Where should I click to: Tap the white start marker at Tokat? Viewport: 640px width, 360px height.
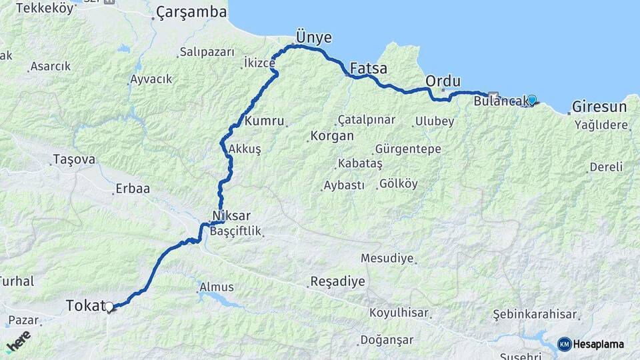pyautogui.click(x=109, y=307)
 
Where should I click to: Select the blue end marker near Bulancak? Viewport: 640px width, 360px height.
pyautogui.click(x=531, y=100)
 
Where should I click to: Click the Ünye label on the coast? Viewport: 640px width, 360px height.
pyautogui.click(x=313, y=38)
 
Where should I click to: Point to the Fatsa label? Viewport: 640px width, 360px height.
pyautogui.click(x=368, y=68)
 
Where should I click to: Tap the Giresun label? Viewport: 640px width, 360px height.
pyautogui.click(x=599, y=107)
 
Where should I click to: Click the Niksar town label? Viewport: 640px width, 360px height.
pyautogui.click(x=231, y=216)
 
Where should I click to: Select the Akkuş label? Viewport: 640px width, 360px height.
pyautogui.click(x=245, y=149)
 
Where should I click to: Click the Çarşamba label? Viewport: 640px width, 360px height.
pyautogui.click(x=182, y=13)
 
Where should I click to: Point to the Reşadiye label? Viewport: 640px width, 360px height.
pyautogui.click(x=337, y=281)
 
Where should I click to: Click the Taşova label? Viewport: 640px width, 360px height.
pyautogui.click(x=73, y=160)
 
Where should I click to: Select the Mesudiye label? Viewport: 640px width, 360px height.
pyautogui.click(x=387, y=258)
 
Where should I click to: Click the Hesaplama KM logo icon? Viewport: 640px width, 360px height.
pyautogui.click(x=564, y=344)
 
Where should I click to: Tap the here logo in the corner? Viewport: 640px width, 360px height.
pyautogui.click(x=18, y=341)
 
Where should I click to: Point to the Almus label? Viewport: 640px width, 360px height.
pyautogui.click(x=217, y=287)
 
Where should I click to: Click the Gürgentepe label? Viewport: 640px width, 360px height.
pyautogui.click(x=408, y=149)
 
